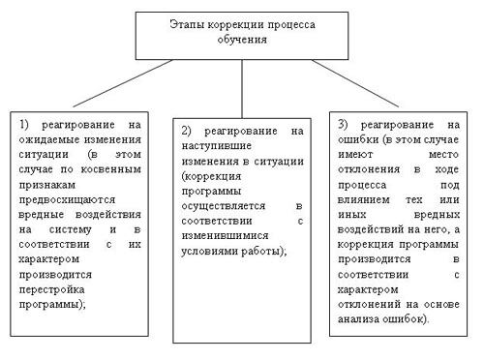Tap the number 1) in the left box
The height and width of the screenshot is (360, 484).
click(x=27, y=125)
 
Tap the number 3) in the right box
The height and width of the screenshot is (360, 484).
click(x=345, y=125)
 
